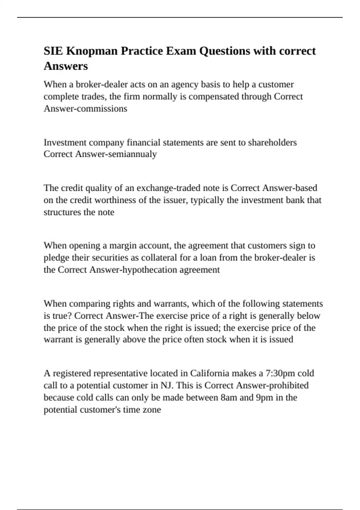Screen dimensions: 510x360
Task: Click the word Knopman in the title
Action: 92,51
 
